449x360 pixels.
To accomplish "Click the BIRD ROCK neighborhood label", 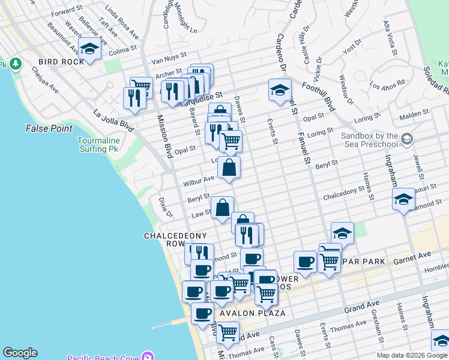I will (x=56, y=62).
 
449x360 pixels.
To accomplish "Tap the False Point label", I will (x=49, y=128).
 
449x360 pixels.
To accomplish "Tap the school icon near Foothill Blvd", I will (x=279, y=91).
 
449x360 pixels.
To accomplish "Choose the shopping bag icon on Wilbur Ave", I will (x=229, y=169).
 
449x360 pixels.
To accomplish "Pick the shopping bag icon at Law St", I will (x=222, y=208).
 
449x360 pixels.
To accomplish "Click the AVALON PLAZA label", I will (x=244, y=313).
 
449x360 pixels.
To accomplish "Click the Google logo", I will (x=20, y=353).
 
